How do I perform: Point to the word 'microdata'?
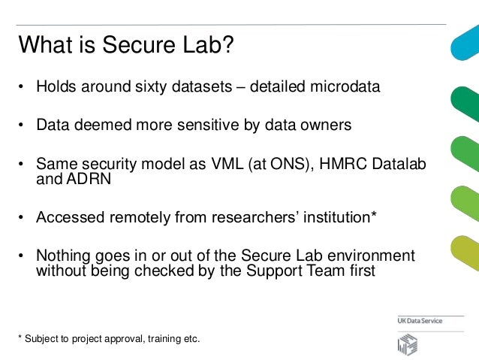point(348,87)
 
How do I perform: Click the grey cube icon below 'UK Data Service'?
point(408,344)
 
